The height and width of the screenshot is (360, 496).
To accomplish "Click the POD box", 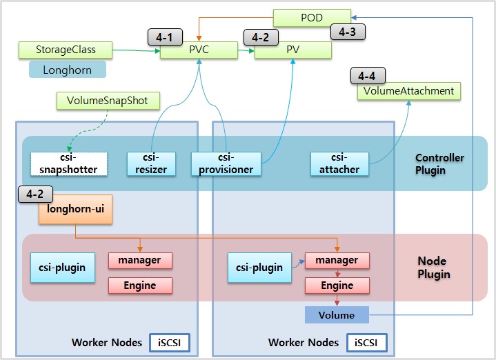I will (x=312, y=18).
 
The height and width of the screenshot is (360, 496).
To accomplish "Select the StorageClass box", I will (x=66, y=50).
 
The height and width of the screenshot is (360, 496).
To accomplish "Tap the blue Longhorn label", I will (x=68, y=70).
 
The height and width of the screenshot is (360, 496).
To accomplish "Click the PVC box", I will (x=199, y=50).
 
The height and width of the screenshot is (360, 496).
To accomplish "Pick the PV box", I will (x=294, y=50).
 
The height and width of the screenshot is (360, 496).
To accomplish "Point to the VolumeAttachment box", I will (x=408, y=92).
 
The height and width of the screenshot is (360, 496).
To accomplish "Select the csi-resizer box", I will (x=152, y=163).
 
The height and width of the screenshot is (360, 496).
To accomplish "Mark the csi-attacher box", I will (x=339, y=163).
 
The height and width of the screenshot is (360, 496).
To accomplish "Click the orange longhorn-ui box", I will (x=75, y=208).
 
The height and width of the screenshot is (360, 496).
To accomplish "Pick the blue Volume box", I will (x=336, y=315).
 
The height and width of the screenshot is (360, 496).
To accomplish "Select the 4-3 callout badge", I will (x=348, y=31).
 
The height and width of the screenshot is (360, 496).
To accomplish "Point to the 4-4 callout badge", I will (x=368, y=76).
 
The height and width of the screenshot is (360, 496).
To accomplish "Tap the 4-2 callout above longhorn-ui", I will (x=34, y=194).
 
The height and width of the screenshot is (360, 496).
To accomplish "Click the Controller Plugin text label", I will (x=439, y=163).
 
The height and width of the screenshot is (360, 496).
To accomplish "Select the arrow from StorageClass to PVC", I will (x=137, y=50).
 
